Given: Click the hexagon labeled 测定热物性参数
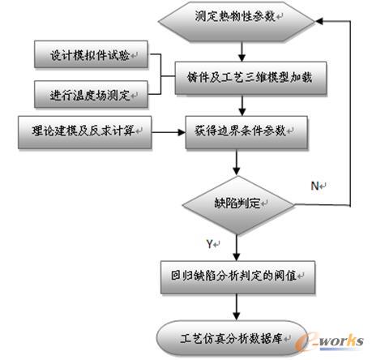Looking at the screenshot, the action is [x=237, y=22].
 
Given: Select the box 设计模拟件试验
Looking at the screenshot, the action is [x=91, y=54].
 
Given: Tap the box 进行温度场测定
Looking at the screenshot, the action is [x=91, y=95].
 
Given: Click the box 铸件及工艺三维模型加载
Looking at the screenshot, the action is [x=250, y=78].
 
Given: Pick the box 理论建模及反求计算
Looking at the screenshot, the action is [x=85, y=132].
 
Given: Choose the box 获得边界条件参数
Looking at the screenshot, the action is [x=246, y=132].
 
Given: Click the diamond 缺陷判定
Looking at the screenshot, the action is [x=238, y=205].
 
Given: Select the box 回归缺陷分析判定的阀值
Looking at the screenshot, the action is [x=237, y=277].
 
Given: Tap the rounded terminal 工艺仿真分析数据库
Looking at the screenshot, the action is [x=233, y=338].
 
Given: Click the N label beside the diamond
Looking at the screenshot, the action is [x=315, y=186].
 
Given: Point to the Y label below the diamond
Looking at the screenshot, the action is [x=210, y=244].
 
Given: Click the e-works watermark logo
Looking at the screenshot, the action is [x=329, y=341].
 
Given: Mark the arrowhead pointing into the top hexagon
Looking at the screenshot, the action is [x=319, y=21].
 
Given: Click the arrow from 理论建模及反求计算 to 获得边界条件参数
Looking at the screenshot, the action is [x=169, y=132].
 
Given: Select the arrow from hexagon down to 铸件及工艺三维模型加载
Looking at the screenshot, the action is [x=242, y=52].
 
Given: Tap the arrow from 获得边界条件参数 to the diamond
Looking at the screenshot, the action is [x=237, y=162].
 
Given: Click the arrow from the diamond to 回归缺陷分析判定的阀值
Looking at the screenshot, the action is [x=237, y=247].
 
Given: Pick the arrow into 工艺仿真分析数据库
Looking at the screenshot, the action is [x=237, y=307].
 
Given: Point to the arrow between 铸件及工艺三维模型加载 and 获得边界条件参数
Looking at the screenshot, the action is [x=242, y=105].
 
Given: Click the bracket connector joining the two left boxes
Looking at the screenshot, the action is [x=161, y=75].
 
